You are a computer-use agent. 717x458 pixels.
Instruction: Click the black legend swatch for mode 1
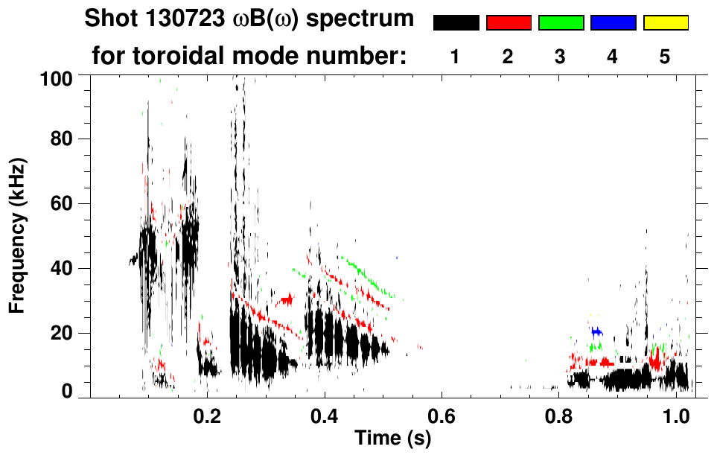pos(456,23)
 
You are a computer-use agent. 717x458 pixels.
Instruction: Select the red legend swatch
pos(509,23)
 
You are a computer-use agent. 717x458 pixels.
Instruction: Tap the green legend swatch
pos(561,23)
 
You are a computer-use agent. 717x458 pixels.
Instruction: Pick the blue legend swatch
pos(613,23)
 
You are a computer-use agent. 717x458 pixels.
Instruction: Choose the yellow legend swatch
pos(665,23)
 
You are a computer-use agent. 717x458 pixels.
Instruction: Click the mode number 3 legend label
pos(560,57)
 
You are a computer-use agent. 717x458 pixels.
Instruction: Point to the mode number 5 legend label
pos(665,57)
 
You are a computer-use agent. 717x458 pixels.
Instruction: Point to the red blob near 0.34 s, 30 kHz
pos(286,299)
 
